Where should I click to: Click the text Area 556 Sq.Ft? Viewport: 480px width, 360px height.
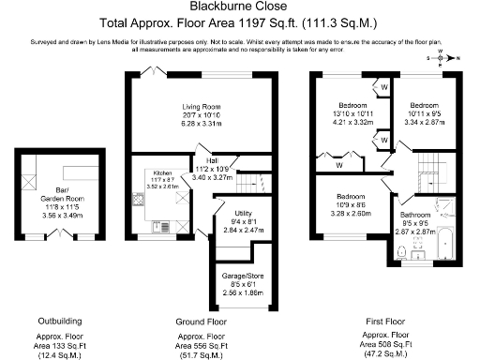click(201, 343)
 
